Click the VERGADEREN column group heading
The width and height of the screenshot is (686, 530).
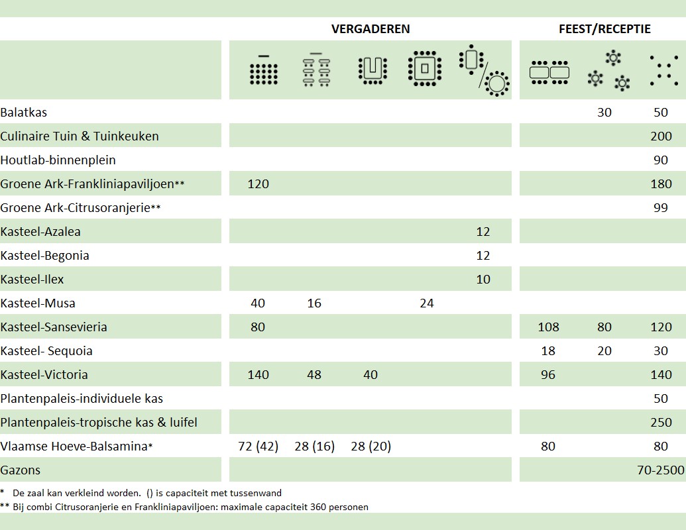(x=371, y=29)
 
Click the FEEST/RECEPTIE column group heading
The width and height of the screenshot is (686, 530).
(x=604, y=29)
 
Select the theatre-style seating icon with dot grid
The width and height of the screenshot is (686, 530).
(x=263, y=70)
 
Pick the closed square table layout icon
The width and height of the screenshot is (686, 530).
(x=425, y=69)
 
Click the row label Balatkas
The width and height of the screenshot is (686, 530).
(x=24, y=113)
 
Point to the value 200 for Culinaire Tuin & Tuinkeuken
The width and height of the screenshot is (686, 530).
(x=661, y=136)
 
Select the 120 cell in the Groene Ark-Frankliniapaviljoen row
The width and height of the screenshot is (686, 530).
(x=258, y=184)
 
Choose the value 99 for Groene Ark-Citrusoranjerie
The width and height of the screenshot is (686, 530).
(x=661, y=208)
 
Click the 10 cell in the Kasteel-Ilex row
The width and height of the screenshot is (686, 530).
(x=483, y=280)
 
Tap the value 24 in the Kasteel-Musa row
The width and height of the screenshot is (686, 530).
(x=427, y=303)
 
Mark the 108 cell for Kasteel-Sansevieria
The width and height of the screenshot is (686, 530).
(x=548, y=327)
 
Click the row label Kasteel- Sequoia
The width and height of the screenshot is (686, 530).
(x=46, y=351)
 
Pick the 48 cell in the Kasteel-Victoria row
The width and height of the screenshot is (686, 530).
(x=314, y=375)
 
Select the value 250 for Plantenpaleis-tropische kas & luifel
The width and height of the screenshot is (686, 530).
(x=661, y=423)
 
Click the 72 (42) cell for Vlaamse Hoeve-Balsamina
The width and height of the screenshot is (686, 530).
(x=257, y=447)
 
